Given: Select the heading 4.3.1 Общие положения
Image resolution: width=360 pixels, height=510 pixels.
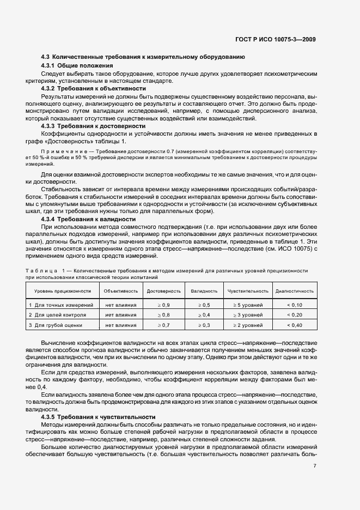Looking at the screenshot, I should (x=77, y=65).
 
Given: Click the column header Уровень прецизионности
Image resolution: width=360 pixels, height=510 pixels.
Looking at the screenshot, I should (x=59, y=291).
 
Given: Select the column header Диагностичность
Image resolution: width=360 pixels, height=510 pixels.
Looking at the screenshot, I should (x=294, y=291).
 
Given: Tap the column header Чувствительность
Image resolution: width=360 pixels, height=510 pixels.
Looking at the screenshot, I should (x=248, y=291).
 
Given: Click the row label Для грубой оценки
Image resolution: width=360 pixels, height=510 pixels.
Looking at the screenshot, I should (x=58, y=325).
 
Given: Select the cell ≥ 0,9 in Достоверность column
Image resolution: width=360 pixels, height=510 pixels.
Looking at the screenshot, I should (x=164, y=305).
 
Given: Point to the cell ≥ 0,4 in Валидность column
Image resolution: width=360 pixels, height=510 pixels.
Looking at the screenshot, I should (x=204, y=315).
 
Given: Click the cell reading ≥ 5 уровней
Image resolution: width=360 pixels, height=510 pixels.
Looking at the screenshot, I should (x=248, y=305).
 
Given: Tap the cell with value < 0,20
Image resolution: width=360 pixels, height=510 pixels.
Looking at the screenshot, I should (x=294, y=315).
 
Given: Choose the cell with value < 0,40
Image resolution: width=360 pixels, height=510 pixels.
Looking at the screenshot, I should (x=294, y=325).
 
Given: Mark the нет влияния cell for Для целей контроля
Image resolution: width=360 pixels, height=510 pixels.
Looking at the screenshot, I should (x=121, y=315).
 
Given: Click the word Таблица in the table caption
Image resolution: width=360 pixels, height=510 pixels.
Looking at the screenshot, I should (x=41, y=270).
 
